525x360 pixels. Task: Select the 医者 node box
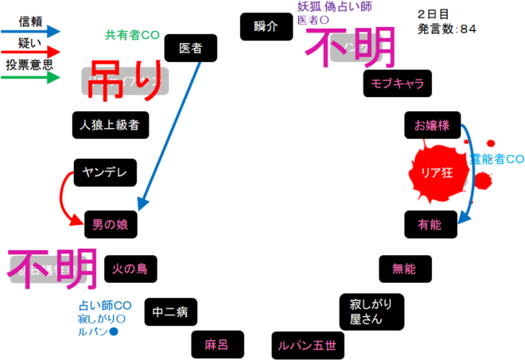tap(191, 48)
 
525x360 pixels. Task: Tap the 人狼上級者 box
tap(111, 124)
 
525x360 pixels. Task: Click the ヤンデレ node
tap(106, 172)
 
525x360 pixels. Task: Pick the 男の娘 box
tap(111, 224)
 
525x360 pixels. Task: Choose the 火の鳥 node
tap(130, 269)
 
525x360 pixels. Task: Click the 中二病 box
tap(171, 311)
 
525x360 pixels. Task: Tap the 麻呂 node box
tap(216, 344)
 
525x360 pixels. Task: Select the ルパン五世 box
tap(306, 344)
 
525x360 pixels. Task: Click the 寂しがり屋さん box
tap(371, 312)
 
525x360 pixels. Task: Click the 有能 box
tap(430, 225)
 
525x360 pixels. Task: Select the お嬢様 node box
tap(432, 126)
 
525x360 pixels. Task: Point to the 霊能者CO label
tap(496, 158)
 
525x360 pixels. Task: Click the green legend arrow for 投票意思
tap(32, 78)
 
